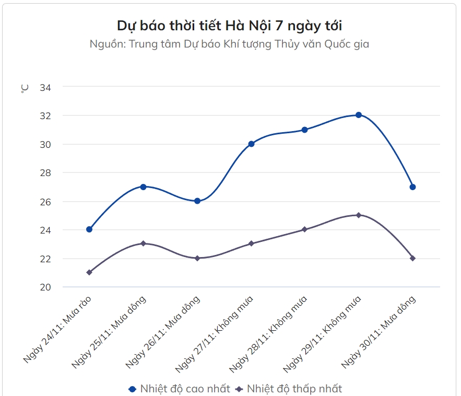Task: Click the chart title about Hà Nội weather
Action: point(230,26)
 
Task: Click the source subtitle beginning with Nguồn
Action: point(230,44)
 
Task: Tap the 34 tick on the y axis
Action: point(45,87)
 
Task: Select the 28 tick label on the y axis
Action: point(45,173)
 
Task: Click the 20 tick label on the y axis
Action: point(45,287)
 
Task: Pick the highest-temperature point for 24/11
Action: point(89,229)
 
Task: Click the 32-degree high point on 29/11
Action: point(359,115)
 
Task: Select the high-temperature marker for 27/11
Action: point(251,144)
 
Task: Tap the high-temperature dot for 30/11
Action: point(412,187)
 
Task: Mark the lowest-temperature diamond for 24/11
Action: point(89,272)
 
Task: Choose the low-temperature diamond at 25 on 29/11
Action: point(359,215)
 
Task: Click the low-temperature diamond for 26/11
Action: point(197,258)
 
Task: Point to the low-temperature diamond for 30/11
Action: point(412,258)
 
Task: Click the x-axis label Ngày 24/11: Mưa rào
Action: point(58,329)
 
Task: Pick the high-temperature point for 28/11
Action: point(305,130)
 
